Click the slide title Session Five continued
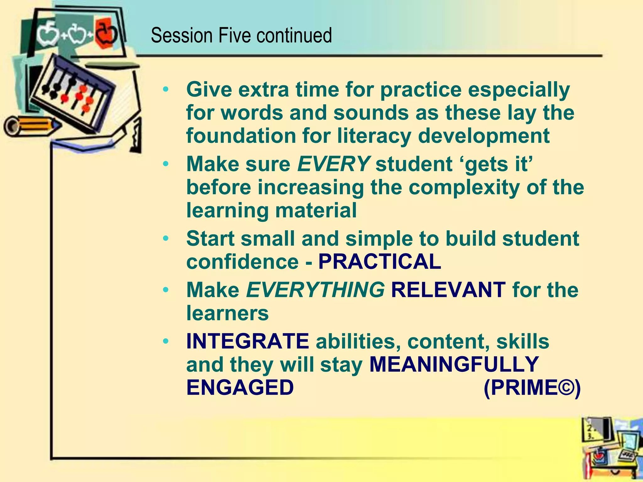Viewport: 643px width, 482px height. coord(241,35)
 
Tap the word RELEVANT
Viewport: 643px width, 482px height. coord(448,290)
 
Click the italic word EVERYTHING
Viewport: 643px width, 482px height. coord(315,290)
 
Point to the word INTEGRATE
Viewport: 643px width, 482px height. coord(247,341)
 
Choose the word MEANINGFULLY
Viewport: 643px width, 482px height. coord(454,364)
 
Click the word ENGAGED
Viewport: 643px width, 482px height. coord(240,388)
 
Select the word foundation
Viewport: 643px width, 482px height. coord(241,136)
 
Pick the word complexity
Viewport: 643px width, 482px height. coord(463,187)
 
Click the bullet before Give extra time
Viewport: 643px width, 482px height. coord(166,90)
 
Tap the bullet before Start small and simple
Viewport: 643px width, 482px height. coord(166,239)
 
